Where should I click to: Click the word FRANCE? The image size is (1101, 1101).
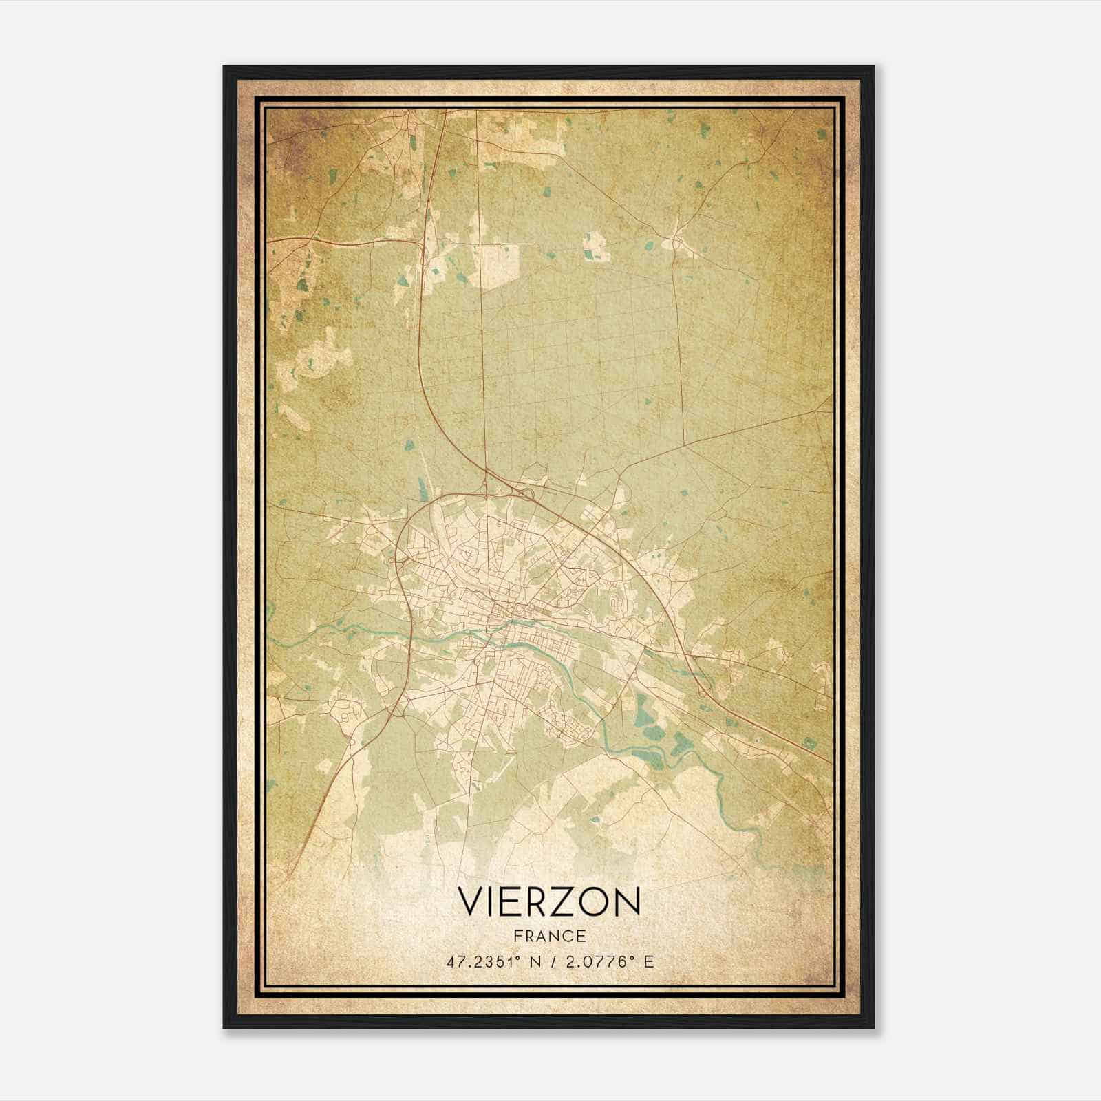click(x=550, y=936)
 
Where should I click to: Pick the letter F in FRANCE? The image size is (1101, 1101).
click(x=517, y=936)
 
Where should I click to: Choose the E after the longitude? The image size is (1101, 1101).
click(x=648, y=961)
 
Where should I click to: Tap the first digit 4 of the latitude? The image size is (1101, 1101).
click(x=451, y=961)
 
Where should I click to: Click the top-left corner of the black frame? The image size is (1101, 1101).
click(x=225, y=67)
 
